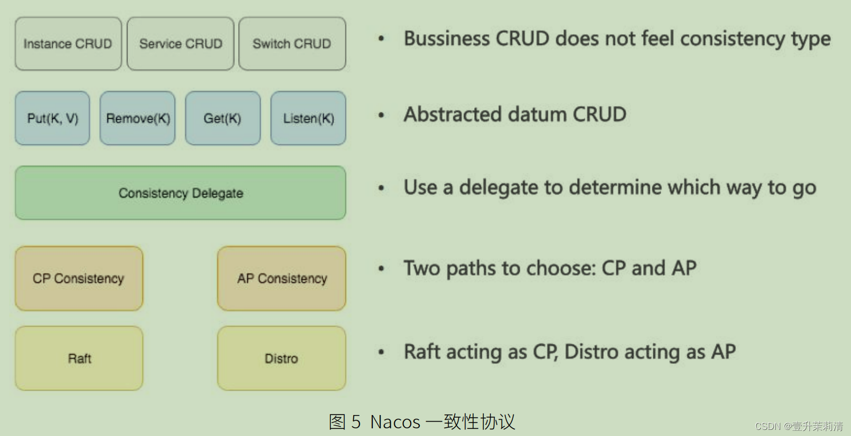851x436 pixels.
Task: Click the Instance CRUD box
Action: pyautogui.click(x=68, y=44)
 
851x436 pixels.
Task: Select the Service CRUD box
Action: pyautogui.click(x=180, y=44)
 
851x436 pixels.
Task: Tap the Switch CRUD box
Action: pyautogui.click(x=292, y=44)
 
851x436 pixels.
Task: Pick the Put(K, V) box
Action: pyautogui.click(x=52, y=118)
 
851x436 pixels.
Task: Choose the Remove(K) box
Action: pyautogui.click(x=137, y=118)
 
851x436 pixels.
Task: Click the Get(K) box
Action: pyautogui.click(x=222, y=118)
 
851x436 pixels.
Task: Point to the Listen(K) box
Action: pyautogui.click(x=308, y=118)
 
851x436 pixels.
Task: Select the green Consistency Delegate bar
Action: pyautogui.click(x=180, y=193)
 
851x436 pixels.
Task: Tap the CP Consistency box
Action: pyautogui.click(x=79, y=278)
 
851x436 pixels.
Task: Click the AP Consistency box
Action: pyautogui.click(x=282, y=278)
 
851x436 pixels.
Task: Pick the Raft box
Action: pyautogui.click(x=79, y=358)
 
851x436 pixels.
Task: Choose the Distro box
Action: pyautogui.click(x=282, y=358)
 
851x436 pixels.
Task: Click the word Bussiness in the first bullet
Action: pyautogui.click(x=446, y=39)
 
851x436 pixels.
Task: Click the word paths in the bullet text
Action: pyautogui.click(x=471, y=269)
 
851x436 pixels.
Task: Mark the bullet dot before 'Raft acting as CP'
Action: pyautogui.click(x=381, y=352)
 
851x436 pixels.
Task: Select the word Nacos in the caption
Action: pyautogui.click(x=395, y=422)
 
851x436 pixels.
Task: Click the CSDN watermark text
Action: pyautogui.click(x=798, y=426)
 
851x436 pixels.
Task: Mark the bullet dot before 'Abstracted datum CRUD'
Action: pyautogui.click(x=381, y=115)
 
